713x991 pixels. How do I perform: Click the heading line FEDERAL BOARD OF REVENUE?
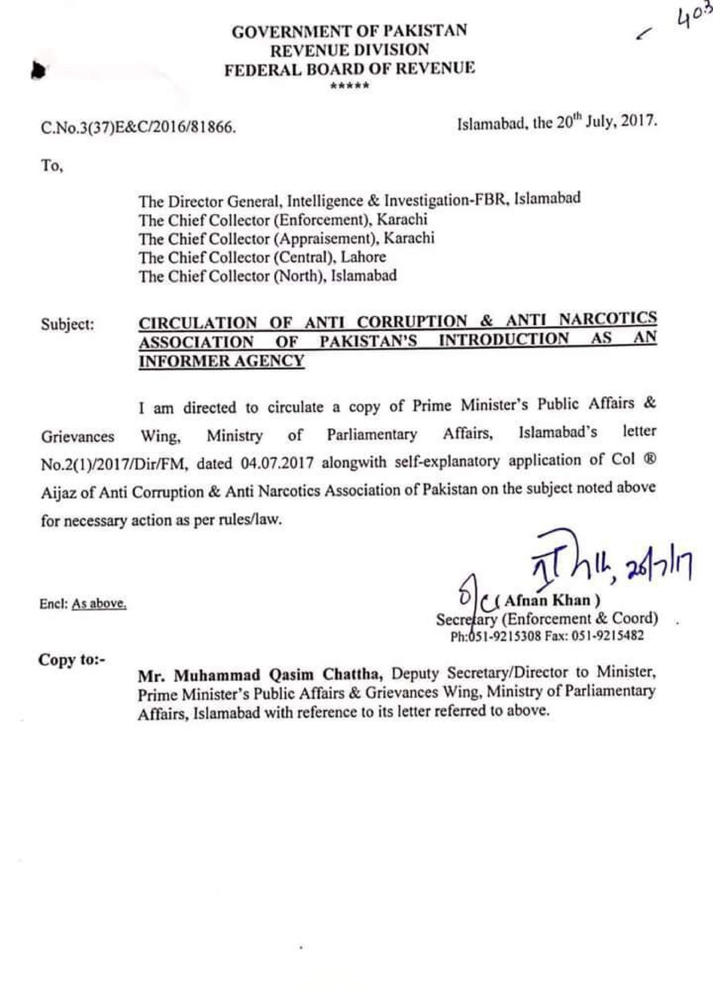(349, 69)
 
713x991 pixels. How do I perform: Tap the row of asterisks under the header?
(350, 86)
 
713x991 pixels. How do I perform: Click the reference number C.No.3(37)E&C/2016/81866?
(138, 128)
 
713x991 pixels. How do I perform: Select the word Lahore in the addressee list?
(363, 257)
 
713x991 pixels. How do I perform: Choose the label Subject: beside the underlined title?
(68, 324)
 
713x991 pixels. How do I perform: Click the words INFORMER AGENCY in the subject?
(221, 361)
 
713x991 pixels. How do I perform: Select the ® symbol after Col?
(650, 461)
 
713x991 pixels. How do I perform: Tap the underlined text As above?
(99, 604)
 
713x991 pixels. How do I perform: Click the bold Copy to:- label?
(72, 659)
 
